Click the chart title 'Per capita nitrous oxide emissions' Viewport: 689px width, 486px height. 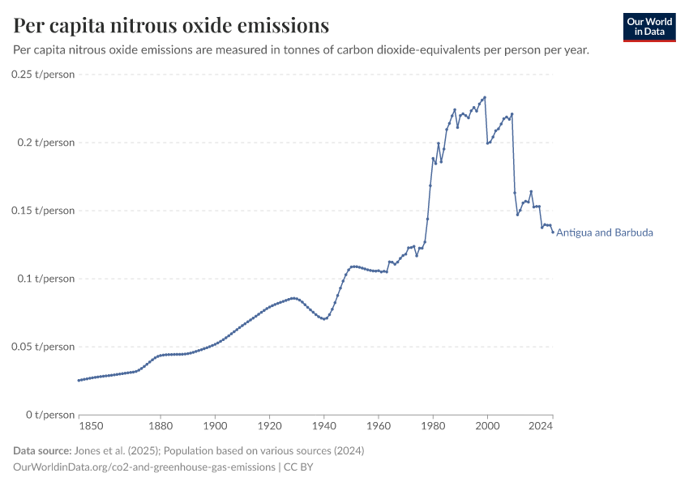point(171,26)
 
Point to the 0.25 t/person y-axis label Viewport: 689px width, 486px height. point(43,75)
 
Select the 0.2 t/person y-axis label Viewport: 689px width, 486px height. point(46,143)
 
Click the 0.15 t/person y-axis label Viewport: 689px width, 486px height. point(43,211)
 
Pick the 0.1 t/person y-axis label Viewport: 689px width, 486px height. point(46,279)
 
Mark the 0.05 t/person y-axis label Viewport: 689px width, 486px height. point(43,347)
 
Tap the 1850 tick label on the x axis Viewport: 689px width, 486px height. point(91,424)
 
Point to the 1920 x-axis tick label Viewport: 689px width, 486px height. point(269,424)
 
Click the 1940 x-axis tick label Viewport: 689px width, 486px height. point(323,424)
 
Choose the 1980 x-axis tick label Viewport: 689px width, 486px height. point(433,424)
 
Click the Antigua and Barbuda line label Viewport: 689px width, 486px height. point(605,232)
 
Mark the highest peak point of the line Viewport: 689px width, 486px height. point(485,98)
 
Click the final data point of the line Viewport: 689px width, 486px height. point(553,232)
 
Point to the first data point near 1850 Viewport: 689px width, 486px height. point(79,380)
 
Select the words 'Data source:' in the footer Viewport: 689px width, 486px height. point(41,450)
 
